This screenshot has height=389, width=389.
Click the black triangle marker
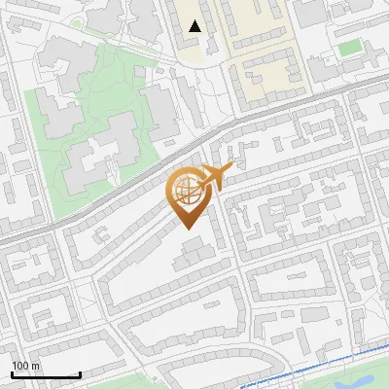195,26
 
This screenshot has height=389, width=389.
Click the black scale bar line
46,375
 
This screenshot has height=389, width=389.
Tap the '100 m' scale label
25,366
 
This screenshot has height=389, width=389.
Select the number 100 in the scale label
20,366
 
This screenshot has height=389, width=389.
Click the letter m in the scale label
35,366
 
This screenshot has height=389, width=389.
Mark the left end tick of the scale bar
13,373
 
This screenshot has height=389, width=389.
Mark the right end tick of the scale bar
80,373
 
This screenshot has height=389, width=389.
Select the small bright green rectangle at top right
349,48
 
